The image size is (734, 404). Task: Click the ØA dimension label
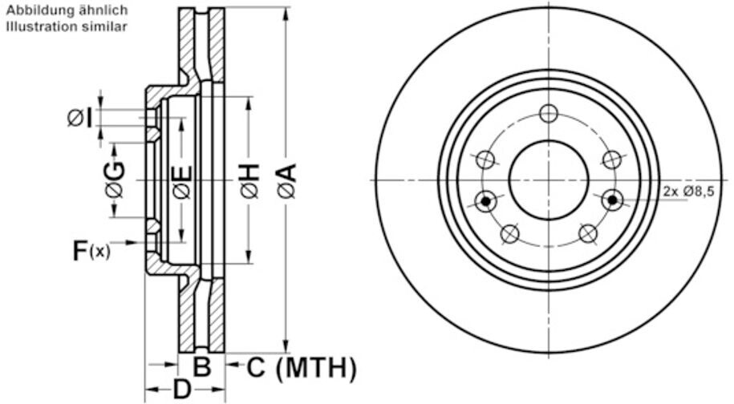286,181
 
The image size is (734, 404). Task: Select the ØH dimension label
249,181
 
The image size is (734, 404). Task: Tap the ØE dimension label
182,181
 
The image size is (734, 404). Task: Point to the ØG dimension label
115,181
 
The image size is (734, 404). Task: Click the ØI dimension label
80,119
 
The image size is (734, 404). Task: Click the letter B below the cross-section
202,368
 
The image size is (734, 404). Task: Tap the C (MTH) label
300,368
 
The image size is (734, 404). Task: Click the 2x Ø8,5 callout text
688,192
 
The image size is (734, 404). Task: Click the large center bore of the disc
549,180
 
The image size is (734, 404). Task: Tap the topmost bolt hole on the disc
549,113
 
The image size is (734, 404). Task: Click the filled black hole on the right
613,200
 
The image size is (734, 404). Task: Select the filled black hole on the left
485,200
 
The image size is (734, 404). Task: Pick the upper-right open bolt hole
611,160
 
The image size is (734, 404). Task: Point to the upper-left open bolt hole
485,160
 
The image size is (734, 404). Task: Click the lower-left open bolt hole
510,233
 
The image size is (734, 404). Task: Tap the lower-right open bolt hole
587,233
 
